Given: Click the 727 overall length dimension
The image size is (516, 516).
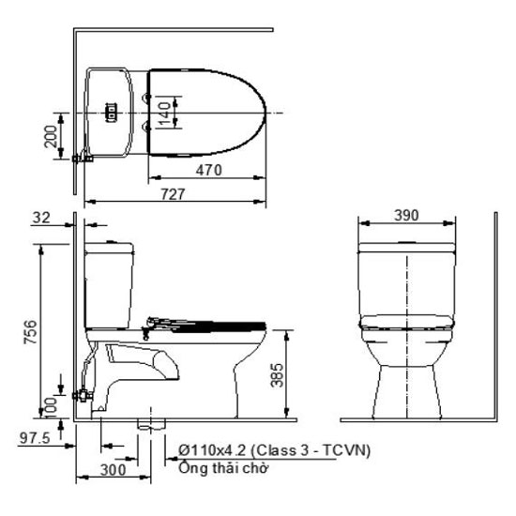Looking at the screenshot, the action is (174, 194).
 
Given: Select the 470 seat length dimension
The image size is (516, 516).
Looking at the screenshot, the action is (208, 170).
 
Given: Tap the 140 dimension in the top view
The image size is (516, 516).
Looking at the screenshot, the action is (164, 114).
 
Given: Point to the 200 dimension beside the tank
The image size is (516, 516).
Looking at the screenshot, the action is (51, 137).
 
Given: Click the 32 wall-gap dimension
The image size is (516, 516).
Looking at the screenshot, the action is (41, 218).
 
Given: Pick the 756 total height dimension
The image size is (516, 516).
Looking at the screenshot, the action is (30, 332).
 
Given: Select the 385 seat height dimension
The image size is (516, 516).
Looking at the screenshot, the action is (277, 375).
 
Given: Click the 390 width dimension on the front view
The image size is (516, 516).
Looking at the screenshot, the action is (407, 215).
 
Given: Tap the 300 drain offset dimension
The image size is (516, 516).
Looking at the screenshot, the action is (113, 470).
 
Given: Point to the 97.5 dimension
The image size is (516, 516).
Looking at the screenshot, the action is (35, 438).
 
